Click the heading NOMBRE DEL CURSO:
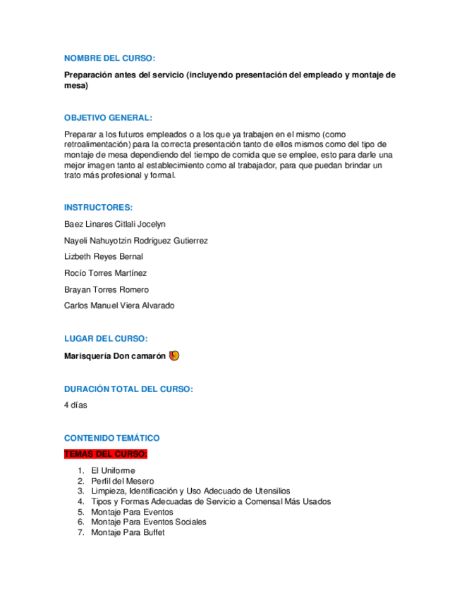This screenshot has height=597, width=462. pos(109,58)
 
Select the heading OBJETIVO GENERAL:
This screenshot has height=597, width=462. pos(108,118)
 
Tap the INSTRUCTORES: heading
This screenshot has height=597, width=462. pos(98,207)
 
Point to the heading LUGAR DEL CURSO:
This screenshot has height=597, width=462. pos(106,339)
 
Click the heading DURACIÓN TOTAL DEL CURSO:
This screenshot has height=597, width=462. pos(128,389)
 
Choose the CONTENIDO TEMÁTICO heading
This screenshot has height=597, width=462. pos(111,438)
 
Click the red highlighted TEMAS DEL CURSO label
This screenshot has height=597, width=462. pos(106,453)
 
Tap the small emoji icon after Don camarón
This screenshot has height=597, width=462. pos(174,356)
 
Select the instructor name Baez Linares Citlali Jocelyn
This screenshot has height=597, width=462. pos(114,224)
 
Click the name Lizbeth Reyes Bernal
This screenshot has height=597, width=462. pos(103,256)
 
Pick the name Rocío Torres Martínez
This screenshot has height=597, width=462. pos(105,273)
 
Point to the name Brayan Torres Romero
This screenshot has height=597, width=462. pos(106,289)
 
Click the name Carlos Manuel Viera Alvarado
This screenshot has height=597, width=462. pos(118,306)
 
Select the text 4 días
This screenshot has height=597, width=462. pos(75,406)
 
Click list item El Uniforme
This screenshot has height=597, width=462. pos(113,470)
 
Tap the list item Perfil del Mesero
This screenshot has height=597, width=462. pos(123,481)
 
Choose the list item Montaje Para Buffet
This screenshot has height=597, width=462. pos(128,533)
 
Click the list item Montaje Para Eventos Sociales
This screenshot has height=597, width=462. pos(149,522)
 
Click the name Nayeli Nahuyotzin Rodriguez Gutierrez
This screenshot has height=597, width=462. pos(135,240)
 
